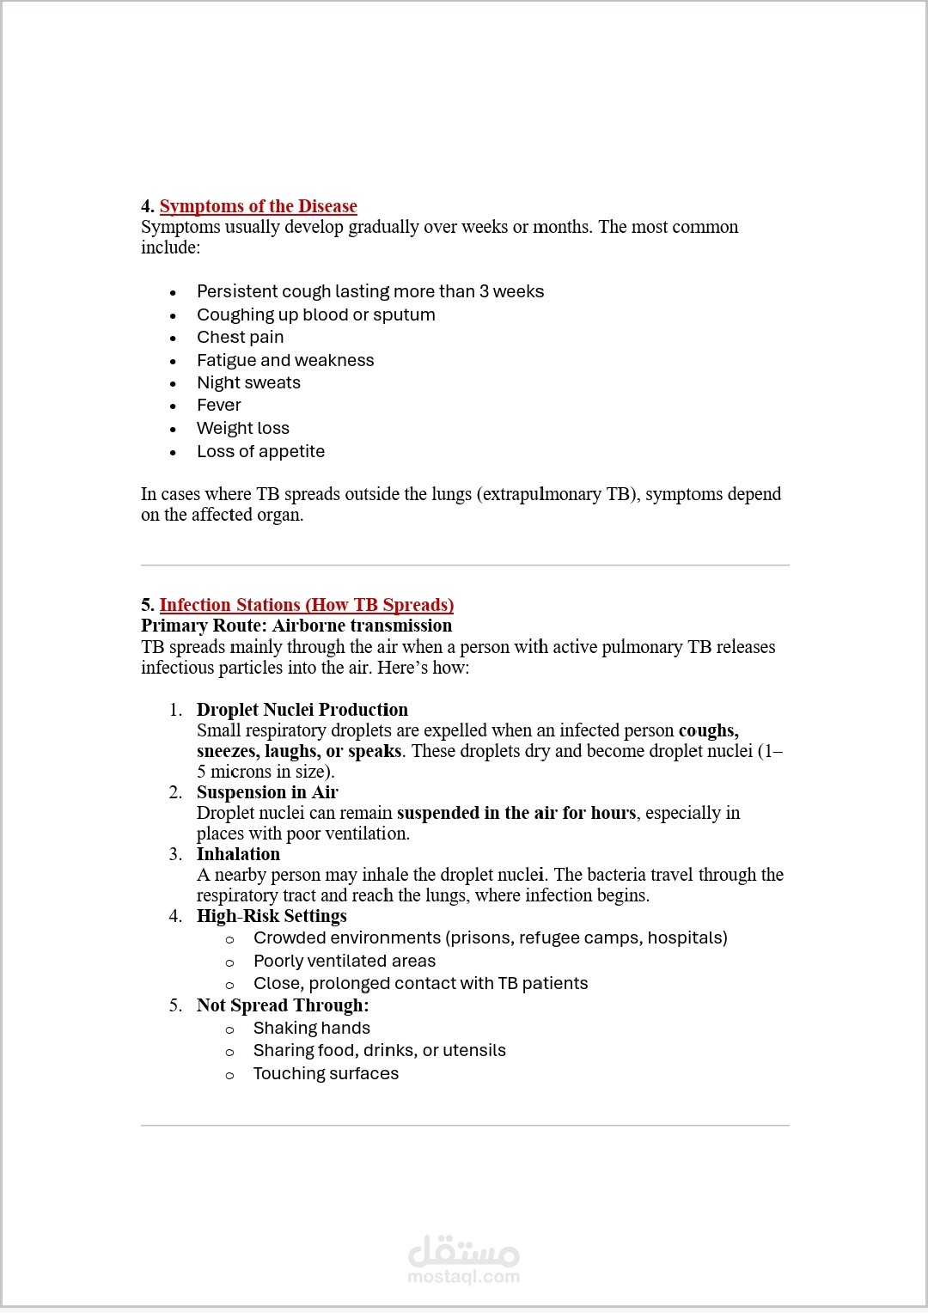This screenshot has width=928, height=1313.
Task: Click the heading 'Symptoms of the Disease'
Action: coord(258,206)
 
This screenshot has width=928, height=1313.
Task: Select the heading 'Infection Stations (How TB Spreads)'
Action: coord(306,605)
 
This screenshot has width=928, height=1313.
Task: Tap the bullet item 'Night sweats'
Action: coord(248,383)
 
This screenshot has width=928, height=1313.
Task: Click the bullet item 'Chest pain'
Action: coord(240,338)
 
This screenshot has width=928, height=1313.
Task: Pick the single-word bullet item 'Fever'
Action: coord(219,406)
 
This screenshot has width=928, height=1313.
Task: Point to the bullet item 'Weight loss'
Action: coord(243,429)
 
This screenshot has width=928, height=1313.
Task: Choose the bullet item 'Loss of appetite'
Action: coord(260,452)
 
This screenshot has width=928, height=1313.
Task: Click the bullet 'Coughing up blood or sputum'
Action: coord(315,315)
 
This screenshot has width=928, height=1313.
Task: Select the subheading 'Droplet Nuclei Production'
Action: coord(302,710)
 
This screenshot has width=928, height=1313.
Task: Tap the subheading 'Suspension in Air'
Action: coord(267,792)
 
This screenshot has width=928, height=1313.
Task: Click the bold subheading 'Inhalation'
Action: coord(238,854)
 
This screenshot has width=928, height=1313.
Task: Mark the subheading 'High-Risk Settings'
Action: coord(272,916)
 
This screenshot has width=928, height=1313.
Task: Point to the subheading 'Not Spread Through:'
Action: coord(283,1005)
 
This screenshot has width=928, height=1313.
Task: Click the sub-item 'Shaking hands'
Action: coord(311,1029)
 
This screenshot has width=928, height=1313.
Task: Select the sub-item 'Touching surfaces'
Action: coord(326,1074)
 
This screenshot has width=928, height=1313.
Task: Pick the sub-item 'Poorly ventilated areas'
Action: coord(344,962)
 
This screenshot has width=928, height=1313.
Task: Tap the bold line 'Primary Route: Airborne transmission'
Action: coord(296,626)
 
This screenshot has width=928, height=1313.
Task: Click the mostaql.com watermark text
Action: coord(464,1277)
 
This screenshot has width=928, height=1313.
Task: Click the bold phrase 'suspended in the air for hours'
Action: coord(516,813)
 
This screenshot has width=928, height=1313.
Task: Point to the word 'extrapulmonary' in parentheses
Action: coord(542,494)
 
